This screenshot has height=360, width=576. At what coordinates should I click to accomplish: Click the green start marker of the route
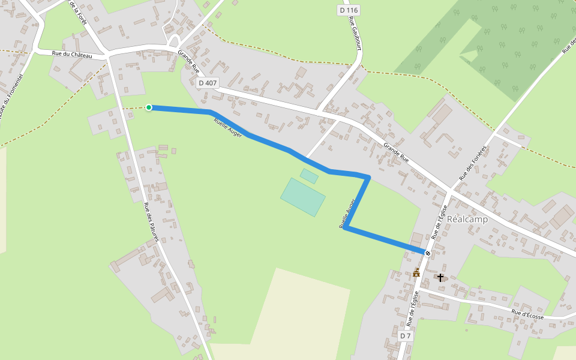tap(149, 107)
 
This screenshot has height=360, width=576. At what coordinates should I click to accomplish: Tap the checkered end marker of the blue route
tap(428, 253)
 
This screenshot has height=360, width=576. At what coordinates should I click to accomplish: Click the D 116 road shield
tap(348, 10)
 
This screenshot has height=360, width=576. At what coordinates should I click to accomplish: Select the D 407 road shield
tap(208, 83)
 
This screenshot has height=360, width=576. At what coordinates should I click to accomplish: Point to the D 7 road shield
tap(406, 336)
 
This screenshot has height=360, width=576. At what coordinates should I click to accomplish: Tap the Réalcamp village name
tap(467, 219)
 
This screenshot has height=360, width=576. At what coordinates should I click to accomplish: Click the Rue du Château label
tap(72, 55)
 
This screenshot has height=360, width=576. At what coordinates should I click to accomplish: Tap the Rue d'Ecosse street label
tap(527, 314)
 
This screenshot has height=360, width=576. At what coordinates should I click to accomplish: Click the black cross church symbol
tap(440, 278)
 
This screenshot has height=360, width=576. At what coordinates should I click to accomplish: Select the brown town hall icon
tap(416, 273)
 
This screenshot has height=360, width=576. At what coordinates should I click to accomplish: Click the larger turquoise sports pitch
tap(303, 197)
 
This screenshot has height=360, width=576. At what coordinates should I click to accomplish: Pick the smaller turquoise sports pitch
tap(309, 176)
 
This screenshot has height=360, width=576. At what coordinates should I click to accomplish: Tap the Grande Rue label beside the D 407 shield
tap(188, 62)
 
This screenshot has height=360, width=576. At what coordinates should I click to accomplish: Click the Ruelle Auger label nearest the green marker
tap(227, 128)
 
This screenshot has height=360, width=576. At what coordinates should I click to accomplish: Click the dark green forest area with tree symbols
tap(510, 48)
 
